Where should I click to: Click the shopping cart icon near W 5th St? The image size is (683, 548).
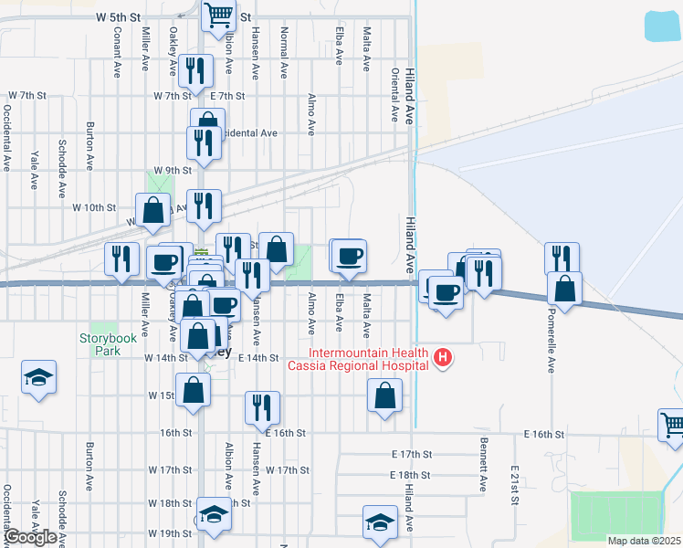click(x=218, y=15)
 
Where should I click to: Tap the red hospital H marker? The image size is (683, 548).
click(x=442, y=357)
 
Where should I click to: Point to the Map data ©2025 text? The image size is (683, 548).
click(x=645, y=541)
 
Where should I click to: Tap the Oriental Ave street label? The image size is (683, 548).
click(x=394, y=95)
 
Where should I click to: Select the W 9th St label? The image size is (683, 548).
click(x=173, y=170)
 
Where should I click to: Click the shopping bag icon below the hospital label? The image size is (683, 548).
click(x=384, y=395)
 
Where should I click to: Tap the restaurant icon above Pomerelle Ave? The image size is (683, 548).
click(x=562, y=258)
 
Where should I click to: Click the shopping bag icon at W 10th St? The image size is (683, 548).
click(x=153, y=210)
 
